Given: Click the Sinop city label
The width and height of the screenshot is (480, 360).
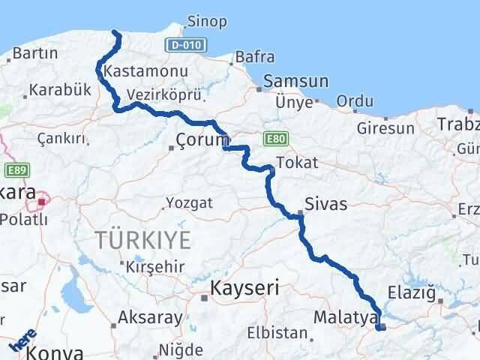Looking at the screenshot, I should [208, 21].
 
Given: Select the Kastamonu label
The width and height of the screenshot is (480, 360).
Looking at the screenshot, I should [136, 72].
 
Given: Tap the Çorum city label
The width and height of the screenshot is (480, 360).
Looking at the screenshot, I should [202, 139].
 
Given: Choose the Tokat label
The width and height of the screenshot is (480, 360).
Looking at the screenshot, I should [297, 162].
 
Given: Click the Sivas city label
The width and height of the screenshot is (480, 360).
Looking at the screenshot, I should [325, 202].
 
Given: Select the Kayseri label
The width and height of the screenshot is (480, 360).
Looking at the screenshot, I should [244, 287].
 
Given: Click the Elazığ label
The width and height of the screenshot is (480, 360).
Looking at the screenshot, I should [411, 293].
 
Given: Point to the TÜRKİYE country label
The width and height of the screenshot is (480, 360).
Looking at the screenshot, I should [142, 240].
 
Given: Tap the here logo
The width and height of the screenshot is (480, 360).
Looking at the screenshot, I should [22, 342].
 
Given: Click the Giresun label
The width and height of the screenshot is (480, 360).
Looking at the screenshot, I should [390, 128].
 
